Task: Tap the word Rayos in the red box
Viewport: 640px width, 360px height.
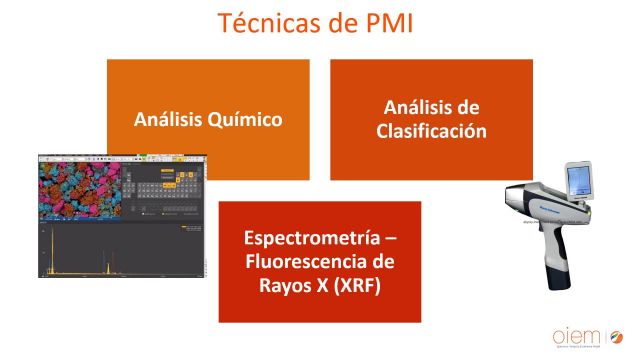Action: point(275,284)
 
